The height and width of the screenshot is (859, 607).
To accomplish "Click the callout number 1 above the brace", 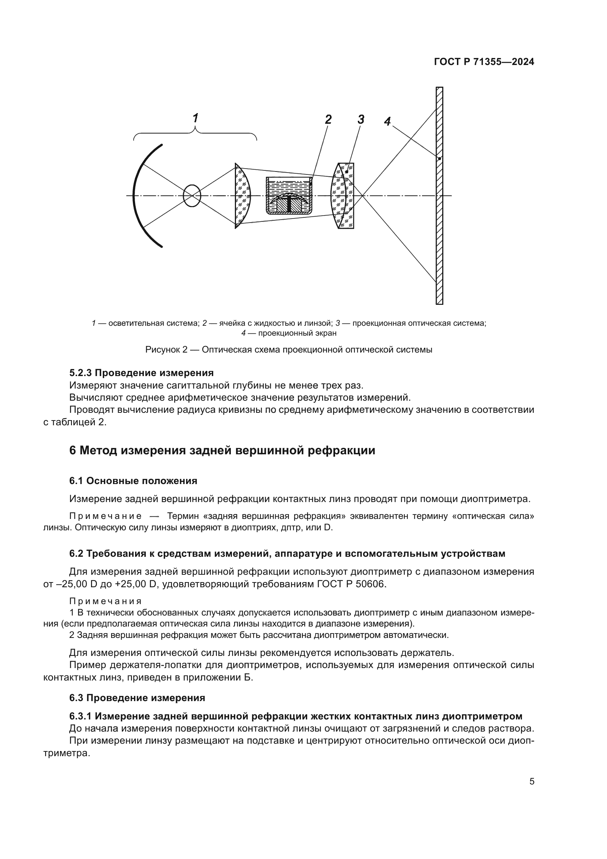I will click(x=195, y=118).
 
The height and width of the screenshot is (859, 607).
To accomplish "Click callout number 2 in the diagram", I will click(x=328, y=119).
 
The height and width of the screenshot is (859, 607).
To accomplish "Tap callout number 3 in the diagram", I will click(x=361, y=119).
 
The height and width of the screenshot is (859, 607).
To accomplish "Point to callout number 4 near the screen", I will click(x=387, y=121).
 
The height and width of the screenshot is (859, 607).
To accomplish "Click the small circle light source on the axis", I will click(x=192, y=195).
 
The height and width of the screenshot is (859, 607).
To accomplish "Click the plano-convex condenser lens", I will click(x=242, y=195).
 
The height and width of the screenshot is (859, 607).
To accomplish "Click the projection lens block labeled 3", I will click(x=344, y=195).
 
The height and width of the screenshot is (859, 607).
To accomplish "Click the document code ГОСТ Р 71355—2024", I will click(x=484, y=62).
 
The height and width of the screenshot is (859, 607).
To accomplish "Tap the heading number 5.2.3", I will click(x=80, y=373).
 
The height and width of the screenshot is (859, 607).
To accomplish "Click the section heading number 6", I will click(x=73, y=451).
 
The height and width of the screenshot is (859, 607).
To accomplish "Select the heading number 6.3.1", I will click(x=80, y=716).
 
